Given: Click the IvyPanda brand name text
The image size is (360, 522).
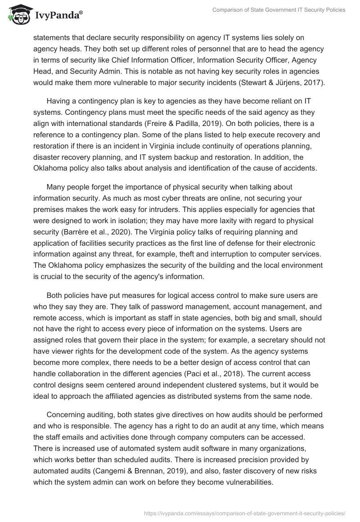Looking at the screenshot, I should point(58,16).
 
